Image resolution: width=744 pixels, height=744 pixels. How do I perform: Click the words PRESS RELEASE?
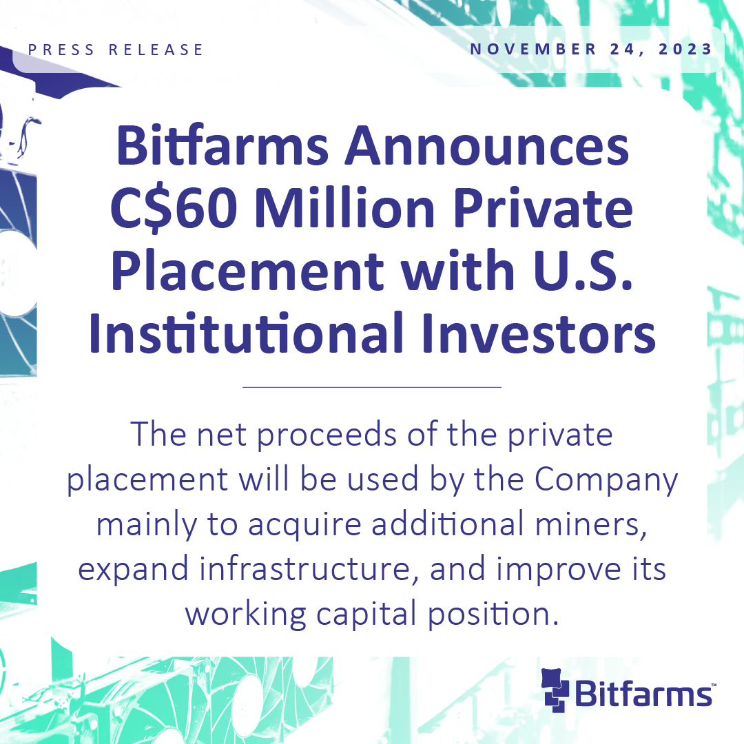[115, 50]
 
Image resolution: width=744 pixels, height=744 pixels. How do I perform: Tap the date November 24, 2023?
[591, 50]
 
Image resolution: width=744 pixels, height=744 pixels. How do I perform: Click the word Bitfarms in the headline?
[222, 145]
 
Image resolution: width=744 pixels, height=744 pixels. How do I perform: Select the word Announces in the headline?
[487, 145]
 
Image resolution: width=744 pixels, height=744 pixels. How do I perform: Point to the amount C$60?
[174, 208]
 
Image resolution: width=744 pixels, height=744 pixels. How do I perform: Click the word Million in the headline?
[344, 207]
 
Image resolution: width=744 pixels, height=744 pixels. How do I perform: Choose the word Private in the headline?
[543, 207]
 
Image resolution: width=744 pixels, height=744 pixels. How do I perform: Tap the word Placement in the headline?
[247, 269]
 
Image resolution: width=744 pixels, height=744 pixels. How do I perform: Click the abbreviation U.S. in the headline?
[583, 269]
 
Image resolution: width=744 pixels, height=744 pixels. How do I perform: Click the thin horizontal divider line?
[372, 387]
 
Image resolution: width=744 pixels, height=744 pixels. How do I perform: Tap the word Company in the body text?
[606, 481]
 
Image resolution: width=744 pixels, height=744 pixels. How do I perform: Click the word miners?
[591, 524]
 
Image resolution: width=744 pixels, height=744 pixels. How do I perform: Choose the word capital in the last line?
[366, 615]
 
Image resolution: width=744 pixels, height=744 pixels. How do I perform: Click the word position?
[493, 615]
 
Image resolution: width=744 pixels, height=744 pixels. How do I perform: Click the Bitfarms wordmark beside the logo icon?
[644, 694]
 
